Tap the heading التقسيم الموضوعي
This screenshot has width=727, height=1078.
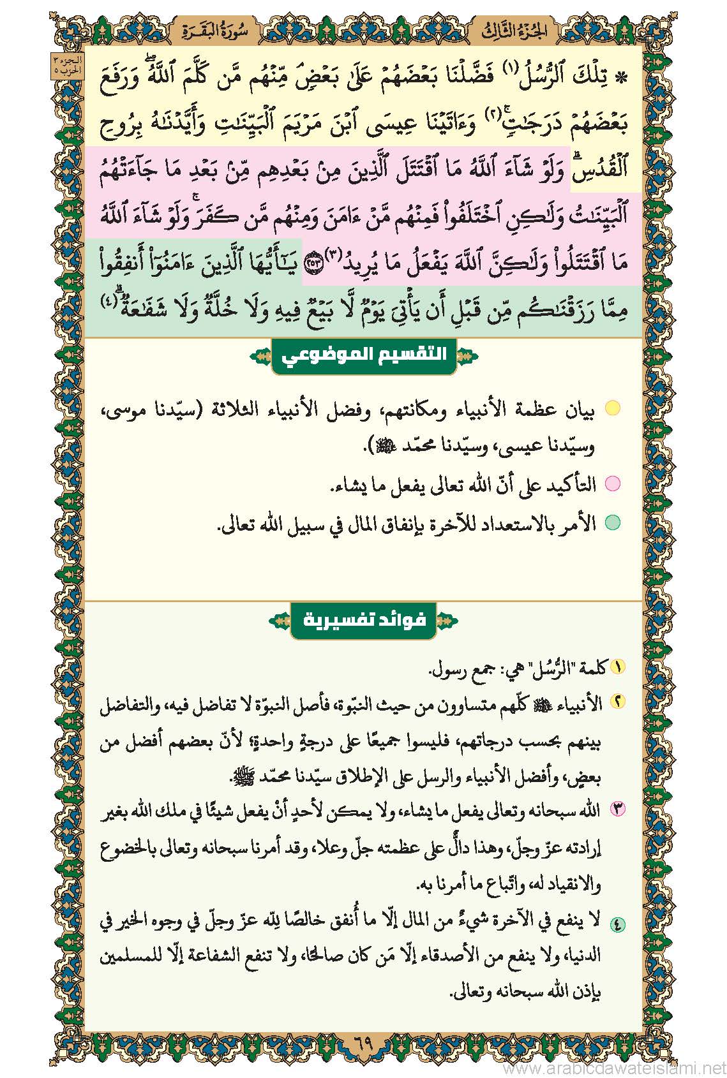coord(363,355)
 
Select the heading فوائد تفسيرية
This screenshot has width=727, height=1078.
coord(363,619)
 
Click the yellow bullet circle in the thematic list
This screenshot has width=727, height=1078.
coord(612,409)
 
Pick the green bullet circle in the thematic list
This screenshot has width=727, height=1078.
coord(612,523)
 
